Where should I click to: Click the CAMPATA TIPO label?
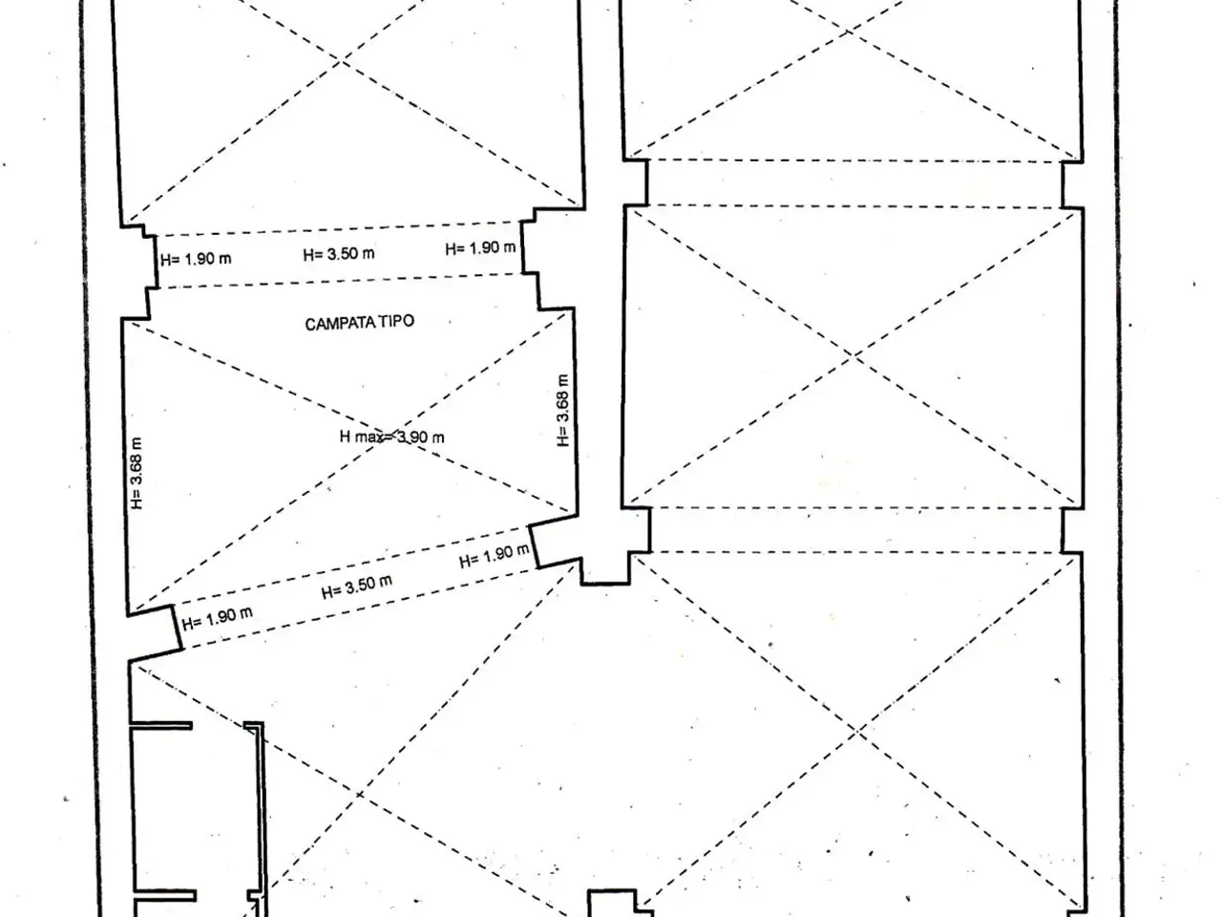point(360,323)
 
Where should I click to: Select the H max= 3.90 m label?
point(392,437)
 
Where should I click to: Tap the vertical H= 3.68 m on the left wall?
point(137,473)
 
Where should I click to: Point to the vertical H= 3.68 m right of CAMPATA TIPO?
point(563,410)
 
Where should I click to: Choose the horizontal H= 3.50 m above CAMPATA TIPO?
point(339,254)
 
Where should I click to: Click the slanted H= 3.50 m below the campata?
point(357,586)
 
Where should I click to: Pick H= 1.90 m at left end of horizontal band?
point(196,259)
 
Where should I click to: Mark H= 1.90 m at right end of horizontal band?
point(480,247)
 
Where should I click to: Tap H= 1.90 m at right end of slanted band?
point(494,556)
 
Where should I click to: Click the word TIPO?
point(397,322)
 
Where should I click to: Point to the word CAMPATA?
point(341,324)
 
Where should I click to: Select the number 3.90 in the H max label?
point(412,437)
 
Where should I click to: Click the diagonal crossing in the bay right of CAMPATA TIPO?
point(853,355)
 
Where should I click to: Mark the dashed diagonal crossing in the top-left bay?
point(340,59)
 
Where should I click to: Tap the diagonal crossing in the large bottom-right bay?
point(857,731)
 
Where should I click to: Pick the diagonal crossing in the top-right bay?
point(848,31)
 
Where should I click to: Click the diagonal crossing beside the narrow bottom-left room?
point(360,794)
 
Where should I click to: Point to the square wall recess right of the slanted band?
point(605,568)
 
